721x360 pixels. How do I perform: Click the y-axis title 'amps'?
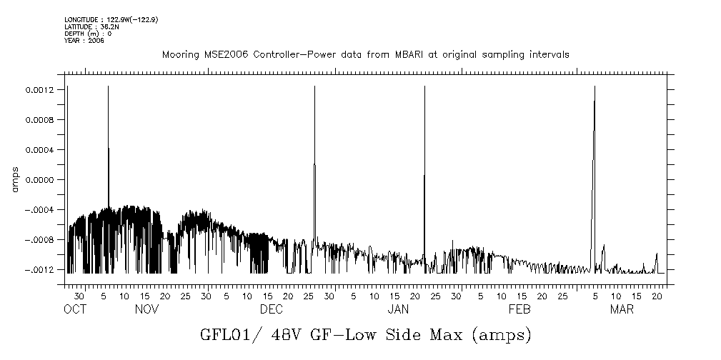[14, 180]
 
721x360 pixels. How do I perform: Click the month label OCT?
[74, 309]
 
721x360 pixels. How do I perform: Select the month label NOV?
[146, 309]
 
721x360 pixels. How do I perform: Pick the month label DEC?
[271, 309]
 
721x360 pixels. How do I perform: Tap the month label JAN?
[397, 309]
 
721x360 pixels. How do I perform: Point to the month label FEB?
[519, 309]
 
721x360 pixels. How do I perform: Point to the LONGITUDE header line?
[111, 19]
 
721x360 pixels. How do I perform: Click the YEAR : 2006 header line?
[84, 41]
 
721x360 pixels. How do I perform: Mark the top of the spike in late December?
[315, 86]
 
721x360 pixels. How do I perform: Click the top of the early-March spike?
[595, 86]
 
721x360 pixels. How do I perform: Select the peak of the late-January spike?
[424, 86]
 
